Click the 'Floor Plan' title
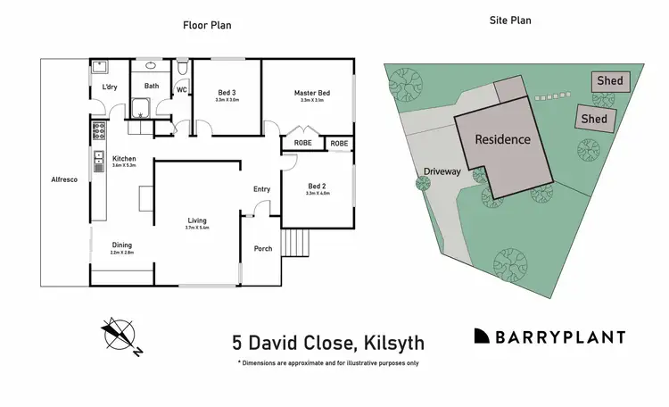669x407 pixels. [207, 25]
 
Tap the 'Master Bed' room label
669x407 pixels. [312, 93]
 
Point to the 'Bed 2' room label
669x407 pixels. [318, 186]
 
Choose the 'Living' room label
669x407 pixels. [197, 220]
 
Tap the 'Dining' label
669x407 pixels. [122, 245]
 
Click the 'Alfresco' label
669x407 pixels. [64, 180]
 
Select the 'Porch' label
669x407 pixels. [263, 249]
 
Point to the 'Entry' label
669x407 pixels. [261, 188]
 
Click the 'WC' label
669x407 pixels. [181, 89]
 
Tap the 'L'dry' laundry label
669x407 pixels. [110, 87]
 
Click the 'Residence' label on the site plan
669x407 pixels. [502, 139]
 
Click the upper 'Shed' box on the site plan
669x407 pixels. [610, 81]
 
